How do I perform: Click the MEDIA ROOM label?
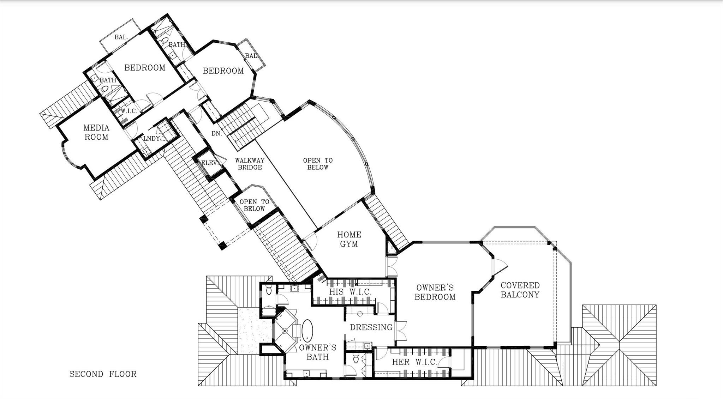coord(96,132)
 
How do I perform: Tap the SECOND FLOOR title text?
coord(103,374)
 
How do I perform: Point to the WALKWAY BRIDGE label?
coord(250,164)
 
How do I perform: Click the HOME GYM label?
coord(349,239)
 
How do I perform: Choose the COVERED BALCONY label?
coord(520,290)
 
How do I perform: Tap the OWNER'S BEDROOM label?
coord(435,292)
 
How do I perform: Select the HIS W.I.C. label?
coord(350,292)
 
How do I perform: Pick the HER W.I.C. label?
coord(414,362)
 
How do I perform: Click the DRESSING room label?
coord(371,327)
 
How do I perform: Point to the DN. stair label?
coord(216,133)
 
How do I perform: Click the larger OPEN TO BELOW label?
coord(318,164)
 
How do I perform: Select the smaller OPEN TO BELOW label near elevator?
coord(254,205)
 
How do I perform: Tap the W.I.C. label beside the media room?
coord(129,111)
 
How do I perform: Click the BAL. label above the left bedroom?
coord(121,37)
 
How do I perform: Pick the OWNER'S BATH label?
coord(318,352)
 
